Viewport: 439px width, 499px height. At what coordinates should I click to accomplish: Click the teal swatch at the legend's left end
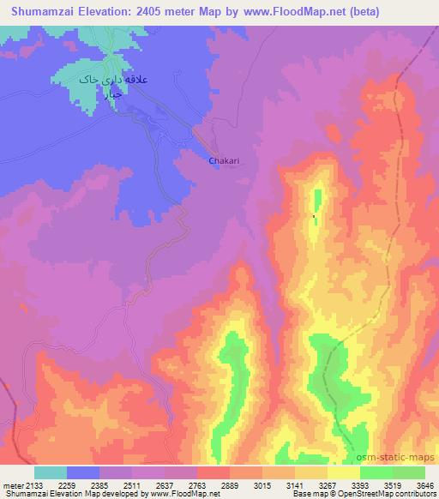[x=50, y=472]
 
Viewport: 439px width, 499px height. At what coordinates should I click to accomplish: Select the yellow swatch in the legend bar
[x=344, y=472]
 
